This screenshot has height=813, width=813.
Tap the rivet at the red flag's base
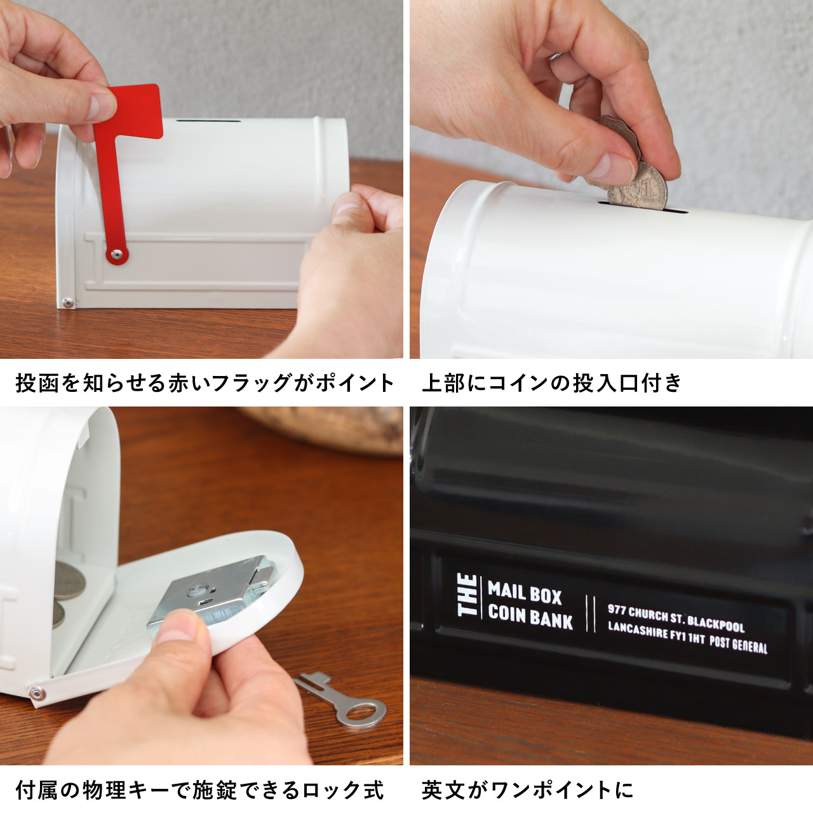116,255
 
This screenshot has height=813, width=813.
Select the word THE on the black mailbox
468,595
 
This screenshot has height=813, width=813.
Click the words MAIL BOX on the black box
525,593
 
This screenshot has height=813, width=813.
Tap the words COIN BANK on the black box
530,617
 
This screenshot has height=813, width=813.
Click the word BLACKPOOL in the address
716,622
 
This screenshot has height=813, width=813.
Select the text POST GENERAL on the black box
739,643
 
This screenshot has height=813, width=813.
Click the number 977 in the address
617,610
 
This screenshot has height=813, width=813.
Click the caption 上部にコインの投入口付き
551,383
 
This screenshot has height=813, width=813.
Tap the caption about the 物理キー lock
199,790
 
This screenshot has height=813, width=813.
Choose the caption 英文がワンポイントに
527,790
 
